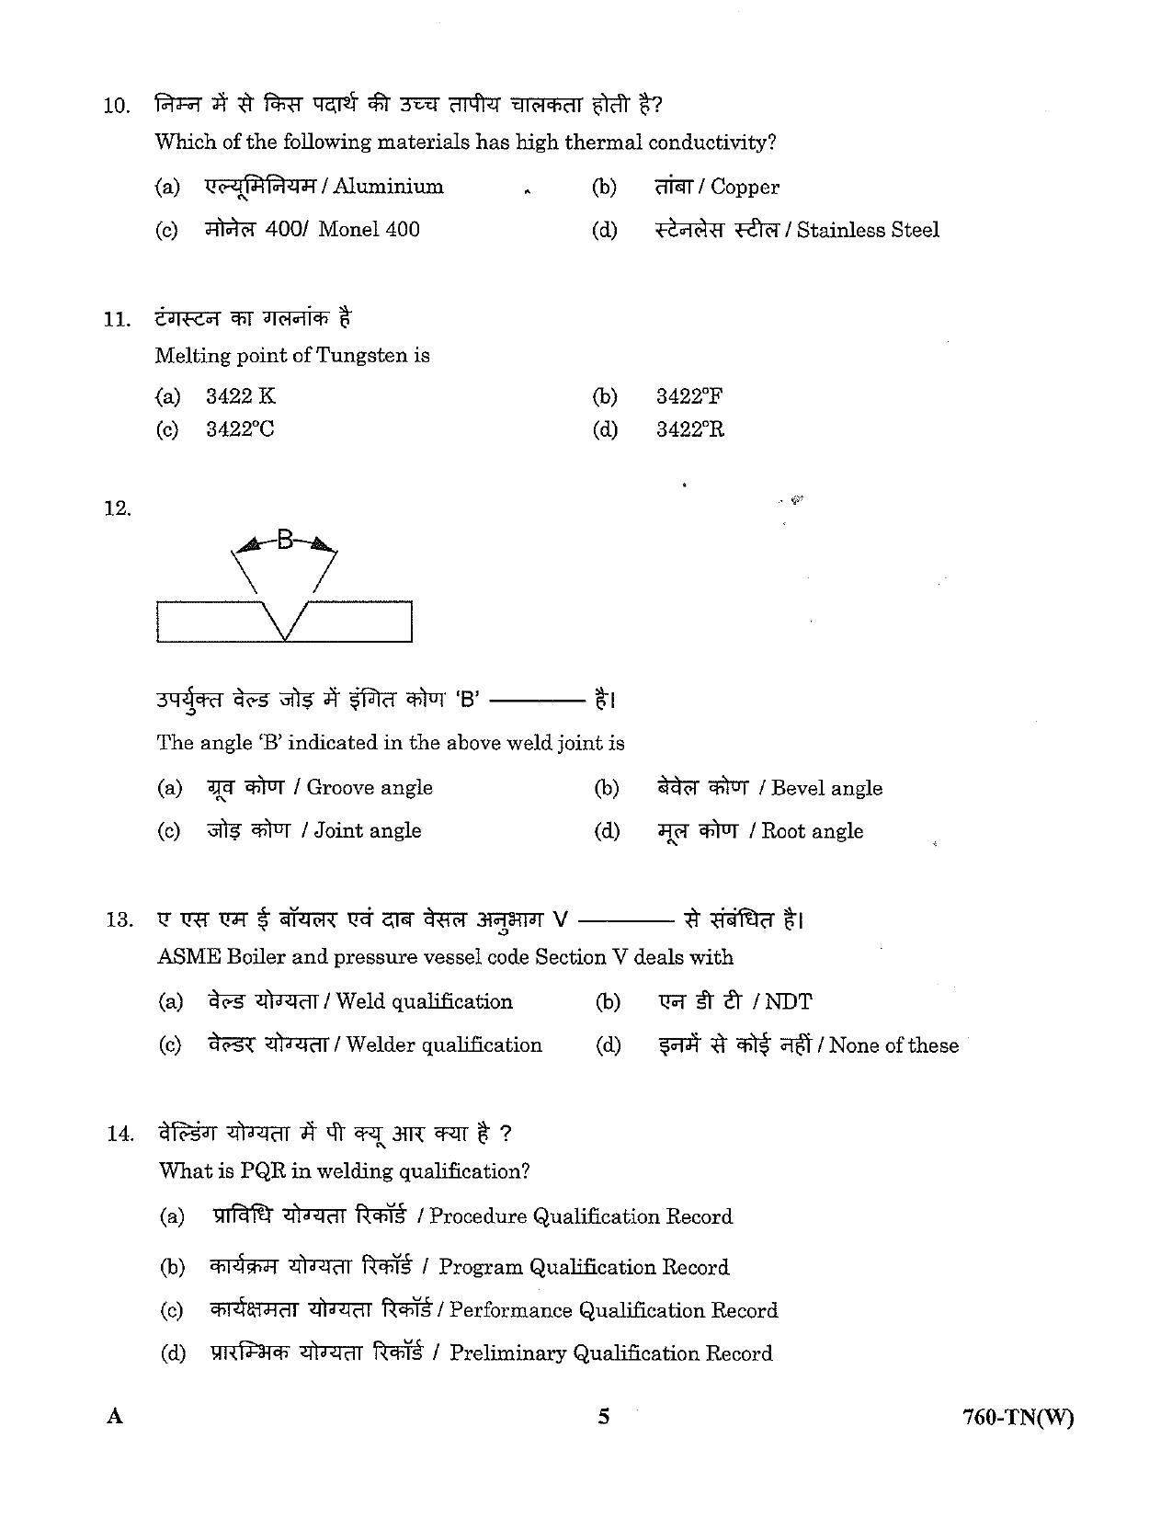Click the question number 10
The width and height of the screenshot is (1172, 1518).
(x=116, y=106)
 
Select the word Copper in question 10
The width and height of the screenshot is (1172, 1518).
(x=745, y=188)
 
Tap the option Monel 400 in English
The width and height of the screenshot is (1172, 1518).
(x=369, y=230)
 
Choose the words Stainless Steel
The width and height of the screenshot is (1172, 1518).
(x=868, y=231)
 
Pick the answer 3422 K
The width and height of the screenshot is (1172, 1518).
(x=240, y=397)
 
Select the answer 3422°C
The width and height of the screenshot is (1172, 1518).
(x=240, y=429)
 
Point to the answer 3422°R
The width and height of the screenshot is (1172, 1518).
(x=689, y=429)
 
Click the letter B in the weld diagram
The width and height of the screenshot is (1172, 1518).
(x=285, y=541)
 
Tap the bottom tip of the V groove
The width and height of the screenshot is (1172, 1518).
(x=286, y=639)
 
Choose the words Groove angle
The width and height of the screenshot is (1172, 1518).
(x=369, y=788)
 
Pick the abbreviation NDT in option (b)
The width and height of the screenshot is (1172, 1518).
(x=788, y=1001)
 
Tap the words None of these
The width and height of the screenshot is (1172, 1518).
(x=893, y=1045)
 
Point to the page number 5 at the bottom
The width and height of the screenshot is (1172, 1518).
(x=603, y=1417)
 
